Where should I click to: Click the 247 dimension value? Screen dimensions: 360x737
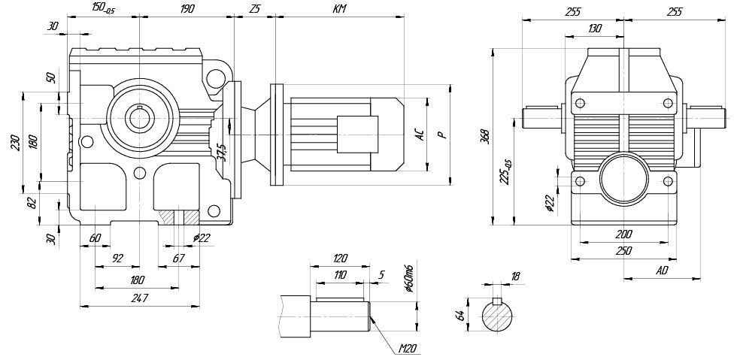point(139,298)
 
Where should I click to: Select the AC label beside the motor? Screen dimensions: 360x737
point(420,135)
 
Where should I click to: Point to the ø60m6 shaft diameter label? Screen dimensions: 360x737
point(408,278)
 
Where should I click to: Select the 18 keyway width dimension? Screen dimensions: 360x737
point(515,277)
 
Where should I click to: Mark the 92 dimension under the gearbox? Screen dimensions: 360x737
point(117,258)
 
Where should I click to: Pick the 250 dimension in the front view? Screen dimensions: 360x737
point(623,251)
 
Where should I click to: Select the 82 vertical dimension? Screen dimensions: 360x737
point(30,202)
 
